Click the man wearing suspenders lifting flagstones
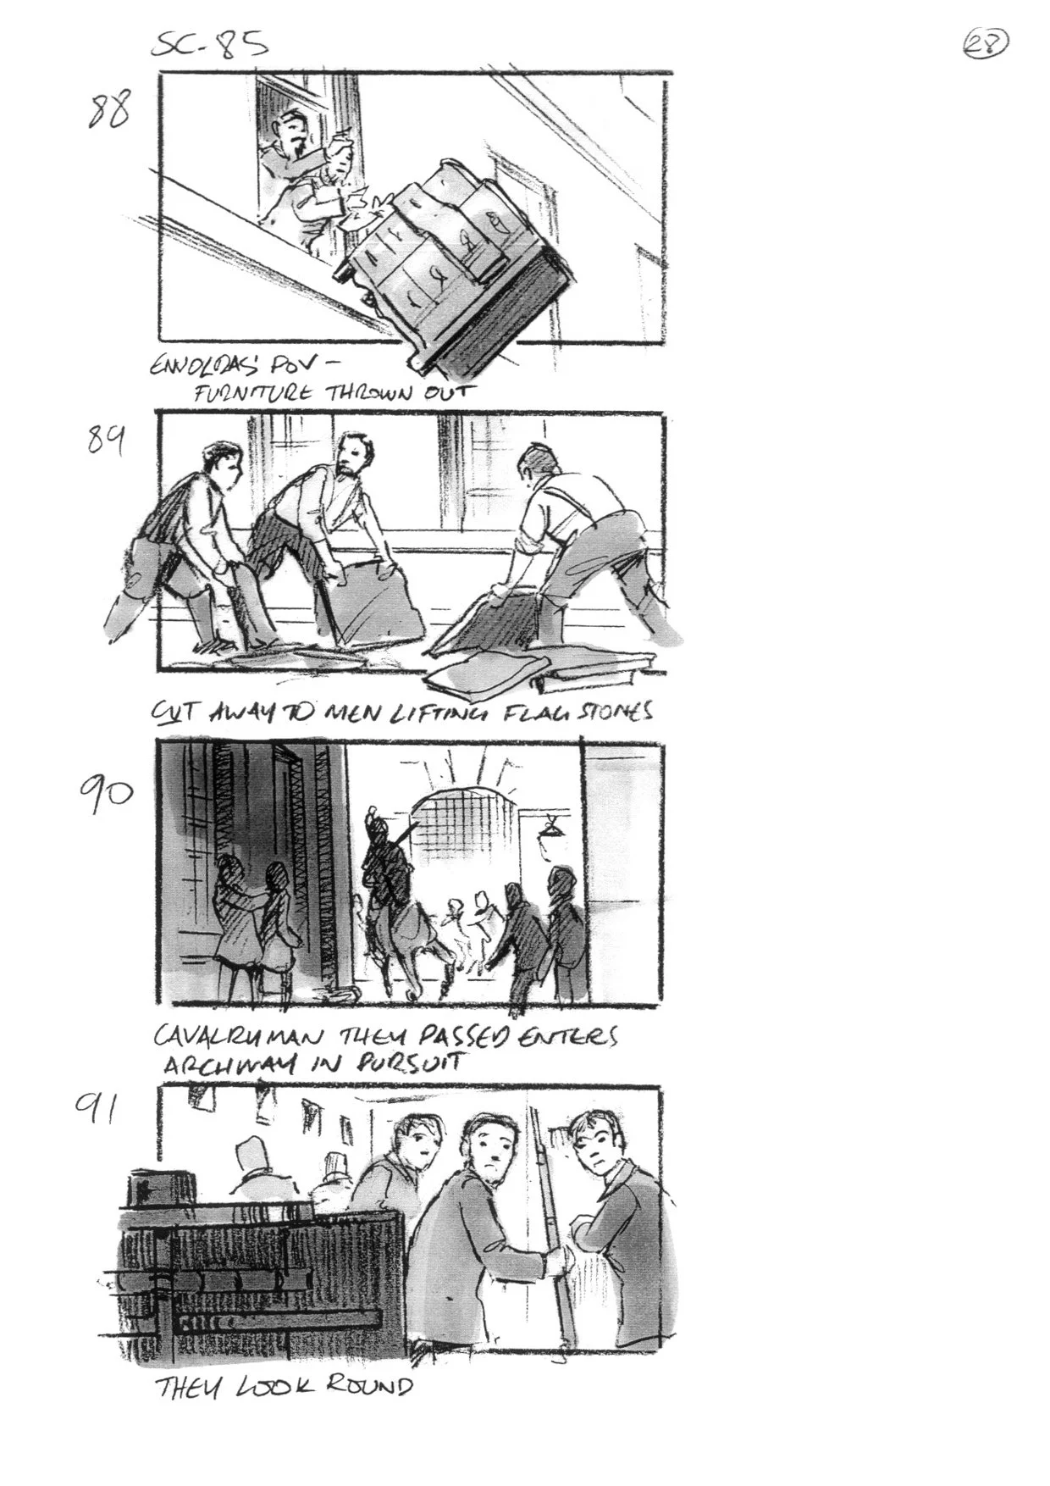tap(584, 542)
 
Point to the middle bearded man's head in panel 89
tap(354, 458)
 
